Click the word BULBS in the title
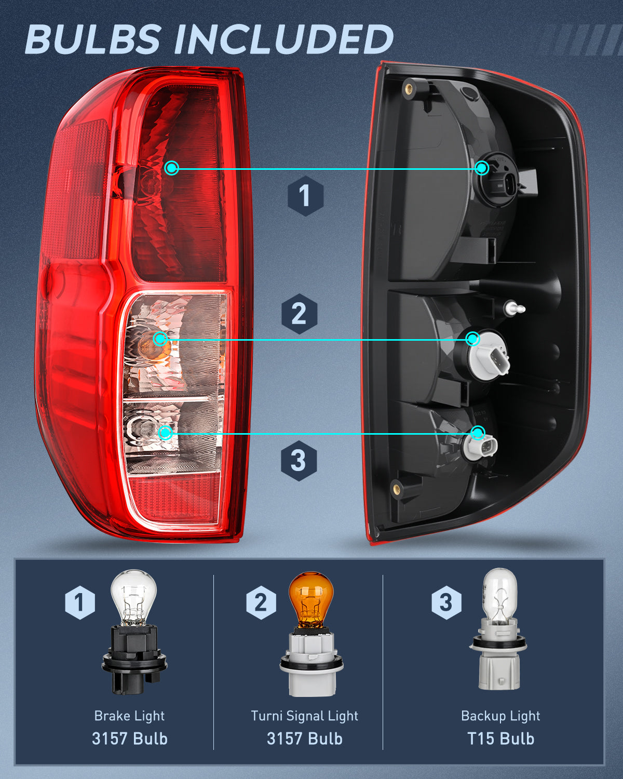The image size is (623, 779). (x=92, y=39)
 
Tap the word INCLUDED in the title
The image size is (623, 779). (x=283, y=39)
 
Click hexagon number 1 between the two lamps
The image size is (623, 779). (x=305, y=196)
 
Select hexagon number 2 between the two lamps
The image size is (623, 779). (x=299, y=314)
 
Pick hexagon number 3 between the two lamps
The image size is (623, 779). (x=299, y=461)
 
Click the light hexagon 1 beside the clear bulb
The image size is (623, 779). (x=79, y=602)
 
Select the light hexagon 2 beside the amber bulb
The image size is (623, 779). (x=261, y=602)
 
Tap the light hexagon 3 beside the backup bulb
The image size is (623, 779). (x=446, y=602)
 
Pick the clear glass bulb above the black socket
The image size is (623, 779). (x=134, y=596)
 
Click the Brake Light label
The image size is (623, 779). (x=129, y=716)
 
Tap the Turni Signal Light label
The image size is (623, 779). (x=304, y=716)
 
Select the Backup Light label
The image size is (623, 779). (x=500, y=716)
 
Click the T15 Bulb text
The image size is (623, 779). (x=500, y=738)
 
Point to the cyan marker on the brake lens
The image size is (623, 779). (x=172, y=168)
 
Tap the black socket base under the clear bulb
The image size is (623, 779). (x=134, y=660)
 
